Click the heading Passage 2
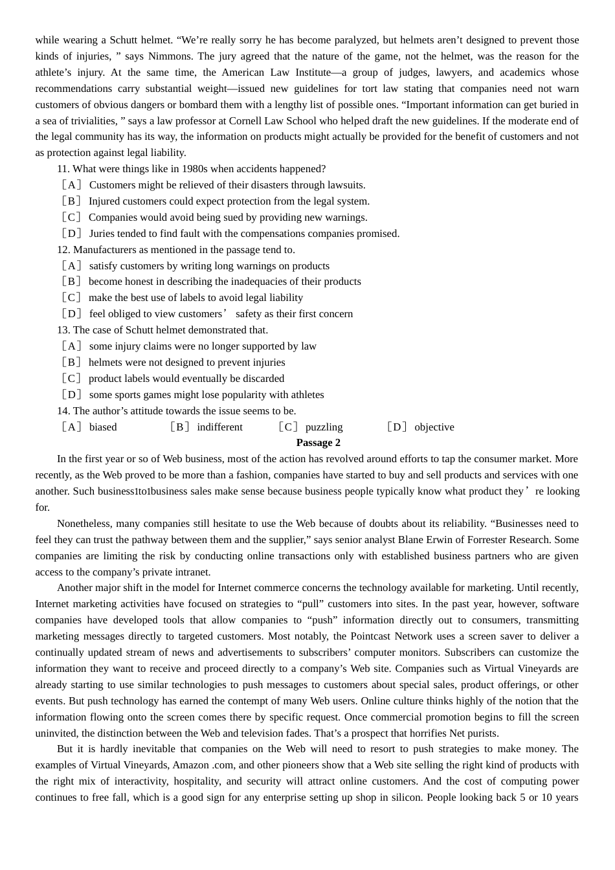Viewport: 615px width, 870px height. point(318,443)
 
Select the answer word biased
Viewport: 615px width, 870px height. point(103,427)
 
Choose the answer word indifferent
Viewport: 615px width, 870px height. point(220,427)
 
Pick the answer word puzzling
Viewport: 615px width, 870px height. point(324,427)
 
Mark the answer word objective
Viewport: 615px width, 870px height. point(434,427)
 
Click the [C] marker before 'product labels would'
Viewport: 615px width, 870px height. point(72,379)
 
